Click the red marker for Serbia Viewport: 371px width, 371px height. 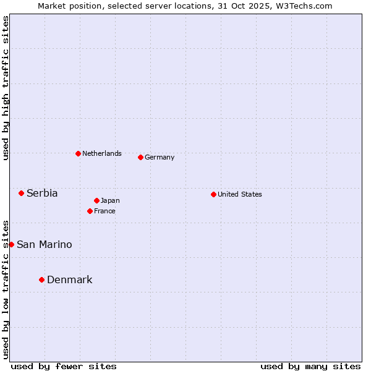click(x=21, y=194)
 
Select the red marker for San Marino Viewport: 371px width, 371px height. click(x=11, y=244)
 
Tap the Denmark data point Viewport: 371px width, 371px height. click(x=41, y=280)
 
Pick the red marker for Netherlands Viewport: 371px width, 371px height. click(x=78, y=153)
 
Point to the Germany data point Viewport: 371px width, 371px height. click(x=140, y=157)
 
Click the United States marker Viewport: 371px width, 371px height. click(x=213, y=194)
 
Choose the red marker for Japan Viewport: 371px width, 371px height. click(x=96, y=200)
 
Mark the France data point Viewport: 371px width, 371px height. click(x=90, y=211)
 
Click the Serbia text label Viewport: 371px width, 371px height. click(x=42, y=194)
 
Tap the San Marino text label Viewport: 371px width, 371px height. click(x=45, y=245)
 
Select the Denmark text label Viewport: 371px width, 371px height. click(x=70, y=280)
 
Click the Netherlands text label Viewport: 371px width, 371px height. click(x=102, y=153)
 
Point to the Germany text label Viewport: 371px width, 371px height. click(x=160, y=157)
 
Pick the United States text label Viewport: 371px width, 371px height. click(x=240, y=194)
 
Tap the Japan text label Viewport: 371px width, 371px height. click(x=110, y=200)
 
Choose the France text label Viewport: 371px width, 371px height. click(x=104, y=211)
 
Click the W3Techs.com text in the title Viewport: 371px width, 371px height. click(x=305, y=6)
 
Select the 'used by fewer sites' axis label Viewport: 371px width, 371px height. click(x=64, y=366)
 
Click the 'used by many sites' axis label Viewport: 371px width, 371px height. click(x=310, y=366)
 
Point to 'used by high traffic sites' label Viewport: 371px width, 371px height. click(x=6, y=88)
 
